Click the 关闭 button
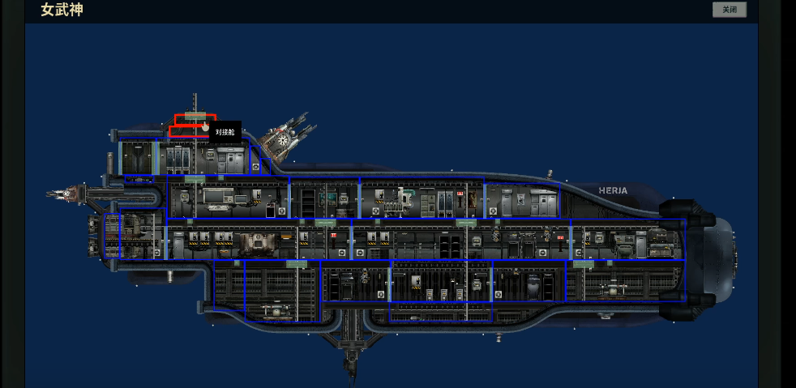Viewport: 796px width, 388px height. coord(729,10)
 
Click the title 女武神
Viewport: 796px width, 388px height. coord(62,10)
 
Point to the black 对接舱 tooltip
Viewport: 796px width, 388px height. coord(225,132)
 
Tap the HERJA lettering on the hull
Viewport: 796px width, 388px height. coord(613,190)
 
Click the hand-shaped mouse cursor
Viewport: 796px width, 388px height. coord(205,126)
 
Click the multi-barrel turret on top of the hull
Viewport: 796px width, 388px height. coord(287,134)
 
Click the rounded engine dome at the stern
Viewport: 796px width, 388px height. coord(720,258)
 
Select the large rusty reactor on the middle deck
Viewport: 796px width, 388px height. coord(258,245)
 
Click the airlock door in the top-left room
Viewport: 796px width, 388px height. coord(137,157)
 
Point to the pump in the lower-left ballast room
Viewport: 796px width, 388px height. coord(275,311)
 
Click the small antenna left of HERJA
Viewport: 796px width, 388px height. coord(550,174)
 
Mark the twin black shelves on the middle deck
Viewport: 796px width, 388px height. coord(445,246)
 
